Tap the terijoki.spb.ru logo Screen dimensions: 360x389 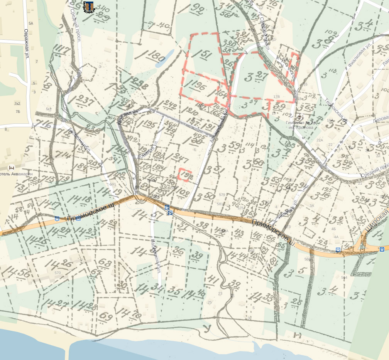[x=89, y=7]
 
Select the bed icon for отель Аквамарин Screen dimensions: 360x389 [x=11, y=168]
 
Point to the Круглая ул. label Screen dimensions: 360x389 [x=127, y=116]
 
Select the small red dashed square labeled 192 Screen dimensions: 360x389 [x=185, y=175]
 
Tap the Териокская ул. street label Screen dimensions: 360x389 [x=336, y=109]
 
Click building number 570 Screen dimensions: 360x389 [x=58, y=273]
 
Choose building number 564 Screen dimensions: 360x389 [x=344, y=278]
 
